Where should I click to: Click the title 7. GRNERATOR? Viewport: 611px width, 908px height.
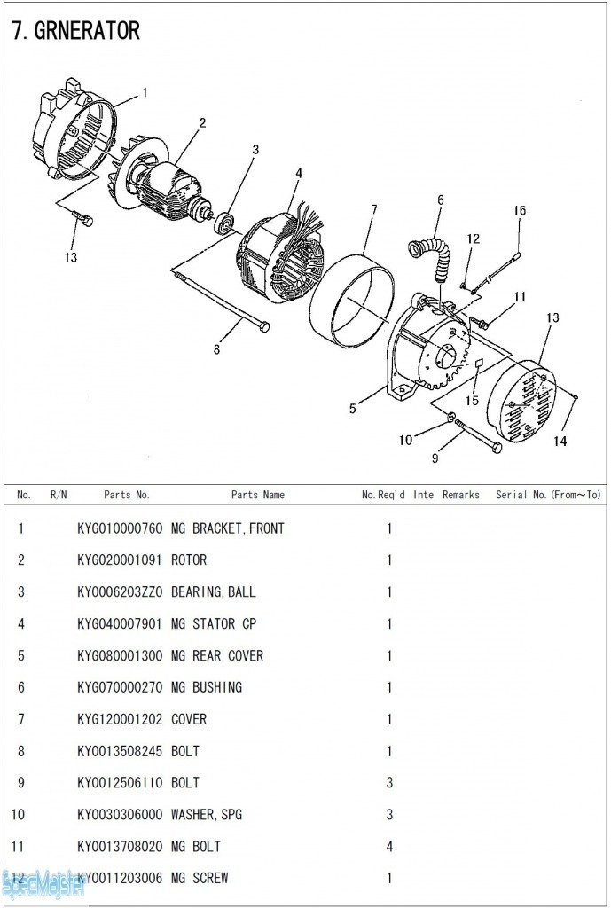pos(75,31)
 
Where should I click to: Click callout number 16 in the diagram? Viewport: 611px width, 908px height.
pos(520,210)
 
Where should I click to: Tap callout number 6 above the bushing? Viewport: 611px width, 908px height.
pos(440,200)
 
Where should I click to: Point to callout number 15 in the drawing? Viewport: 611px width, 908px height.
pos(472,401)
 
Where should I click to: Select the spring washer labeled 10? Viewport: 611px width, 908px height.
pos(452,417)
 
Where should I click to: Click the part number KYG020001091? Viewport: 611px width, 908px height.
pos(120,560)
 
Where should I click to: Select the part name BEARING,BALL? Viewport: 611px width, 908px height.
pos(213,592)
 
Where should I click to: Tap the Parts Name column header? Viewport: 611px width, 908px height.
pos(258,495)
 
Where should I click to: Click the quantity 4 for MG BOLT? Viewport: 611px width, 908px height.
pos(388,847)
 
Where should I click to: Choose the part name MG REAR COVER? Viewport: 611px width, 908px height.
pos(216,656)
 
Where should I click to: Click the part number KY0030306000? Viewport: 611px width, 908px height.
pos(120,815)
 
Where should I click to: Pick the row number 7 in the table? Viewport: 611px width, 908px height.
pos(20,719)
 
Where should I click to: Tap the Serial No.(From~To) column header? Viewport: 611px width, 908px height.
pos(548,495)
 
